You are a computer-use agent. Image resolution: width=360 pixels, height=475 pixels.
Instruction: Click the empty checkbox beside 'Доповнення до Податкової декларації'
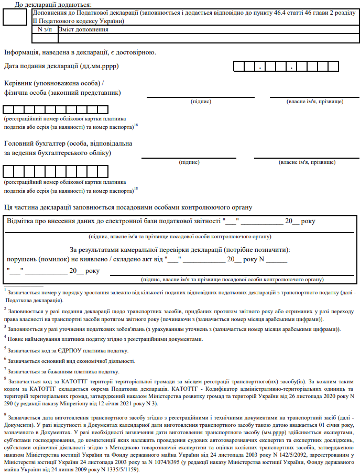(x=14, y=17)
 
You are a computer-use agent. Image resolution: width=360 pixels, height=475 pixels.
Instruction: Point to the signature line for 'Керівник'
(x=201, y=96)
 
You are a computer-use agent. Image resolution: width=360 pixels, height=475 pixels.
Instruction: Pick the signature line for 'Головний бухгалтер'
(x=189, y=158)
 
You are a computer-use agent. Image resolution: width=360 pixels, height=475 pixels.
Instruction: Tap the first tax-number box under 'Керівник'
(x=8, y=110)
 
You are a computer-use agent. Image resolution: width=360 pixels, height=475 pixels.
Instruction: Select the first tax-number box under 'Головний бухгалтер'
(x=8, y=171)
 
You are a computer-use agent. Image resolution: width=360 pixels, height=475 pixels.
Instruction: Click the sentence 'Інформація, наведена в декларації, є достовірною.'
(x=80, y=52)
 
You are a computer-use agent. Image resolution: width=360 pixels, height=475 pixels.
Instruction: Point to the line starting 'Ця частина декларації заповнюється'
(x=128, y=207)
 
